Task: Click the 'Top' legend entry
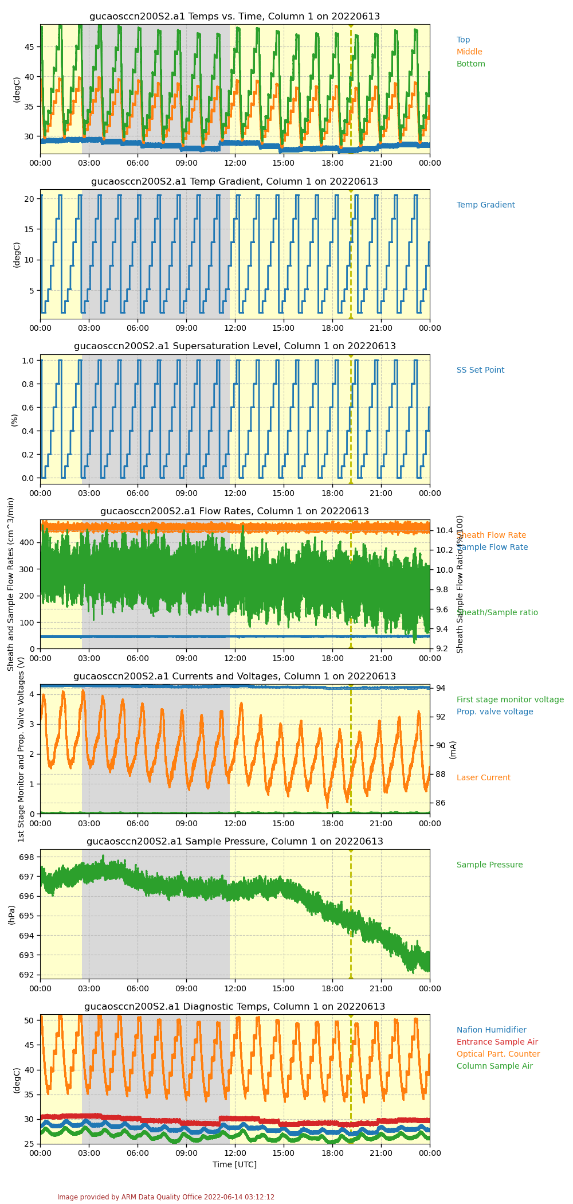coord(463,40)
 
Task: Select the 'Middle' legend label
coord(469,52)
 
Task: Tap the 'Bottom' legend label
coord(470,64)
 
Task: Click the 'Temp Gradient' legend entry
coord(485,205)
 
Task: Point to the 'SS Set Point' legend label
coord(480,370)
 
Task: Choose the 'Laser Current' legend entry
coord(483,778)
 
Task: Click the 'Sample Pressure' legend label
coord(489,865)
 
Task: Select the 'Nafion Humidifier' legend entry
coord(491,1030)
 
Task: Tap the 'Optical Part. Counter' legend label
coord(498,1054)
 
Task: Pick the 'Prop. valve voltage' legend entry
coord(494,712)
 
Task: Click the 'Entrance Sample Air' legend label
coord(497,1042)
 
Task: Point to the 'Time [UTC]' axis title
coord(234,1164)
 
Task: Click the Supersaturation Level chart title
coord(234,346)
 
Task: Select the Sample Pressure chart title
coord(234,842)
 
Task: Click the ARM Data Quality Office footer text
coord(166,1197)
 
